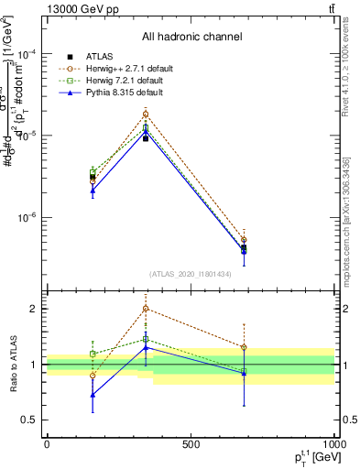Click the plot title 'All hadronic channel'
pyautogui.click(x=191, y=38)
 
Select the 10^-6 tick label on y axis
pyautogui.click(x=27, y=218)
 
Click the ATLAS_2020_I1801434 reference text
pyautogui.click(x=191, y=274)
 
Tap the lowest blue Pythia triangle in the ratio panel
pyautogui.click(x=93, y=395)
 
